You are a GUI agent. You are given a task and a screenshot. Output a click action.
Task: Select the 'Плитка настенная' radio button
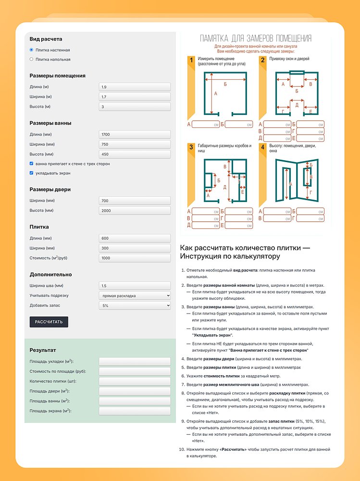31,50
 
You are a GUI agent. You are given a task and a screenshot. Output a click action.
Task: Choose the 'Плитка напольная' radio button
31,60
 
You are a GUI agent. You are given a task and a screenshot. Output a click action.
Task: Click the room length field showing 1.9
135,87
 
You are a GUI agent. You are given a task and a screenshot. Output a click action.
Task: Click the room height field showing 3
135,106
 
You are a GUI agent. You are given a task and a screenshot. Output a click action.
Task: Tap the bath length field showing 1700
135,135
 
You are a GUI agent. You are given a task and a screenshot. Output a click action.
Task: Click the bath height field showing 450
135,154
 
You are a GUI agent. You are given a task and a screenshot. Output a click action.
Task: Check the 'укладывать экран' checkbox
31,173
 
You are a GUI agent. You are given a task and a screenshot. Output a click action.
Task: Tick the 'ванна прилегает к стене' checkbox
31,164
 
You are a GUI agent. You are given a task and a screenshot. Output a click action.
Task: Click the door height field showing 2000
135,210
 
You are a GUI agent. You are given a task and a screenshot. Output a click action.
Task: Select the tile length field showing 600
135,238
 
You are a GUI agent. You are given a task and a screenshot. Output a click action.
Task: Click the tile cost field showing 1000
135,258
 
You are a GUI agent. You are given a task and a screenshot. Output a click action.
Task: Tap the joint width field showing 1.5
135,285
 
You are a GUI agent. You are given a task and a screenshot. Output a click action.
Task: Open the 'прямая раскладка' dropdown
135,295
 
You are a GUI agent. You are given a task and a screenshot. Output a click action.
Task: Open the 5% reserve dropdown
135,305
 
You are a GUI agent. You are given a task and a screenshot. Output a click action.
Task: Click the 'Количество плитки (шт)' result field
135,381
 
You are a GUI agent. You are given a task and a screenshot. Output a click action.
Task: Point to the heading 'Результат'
43,350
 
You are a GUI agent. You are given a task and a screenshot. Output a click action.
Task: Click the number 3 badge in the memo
191,147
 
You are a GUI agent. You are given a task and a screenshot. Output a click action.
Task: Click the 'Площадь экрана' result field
135,411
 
